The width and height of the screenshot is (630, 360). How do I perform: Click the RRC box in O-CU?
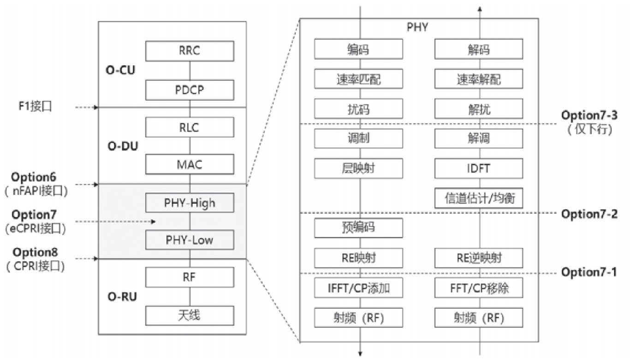[x=190, y=51]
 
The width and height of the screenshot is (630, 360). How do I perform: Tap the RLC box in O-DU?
[x=190, y=127]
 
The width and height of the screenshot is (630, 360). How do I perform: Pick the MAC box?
[x=190, y=164]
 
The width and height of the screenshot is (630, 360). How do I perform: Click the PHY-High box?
[x=190, y=202]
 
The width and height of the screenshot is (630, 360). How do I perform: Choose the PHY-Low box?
[x=190, y=240]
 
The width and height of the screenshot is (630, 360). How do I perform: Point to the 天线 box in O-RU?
[x=190, y=316]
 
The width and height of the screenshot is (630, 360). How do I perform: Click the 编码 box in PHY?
[x=359, y=49]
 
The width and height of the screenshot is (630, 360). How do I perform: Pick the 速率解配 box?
[x=479, y=80]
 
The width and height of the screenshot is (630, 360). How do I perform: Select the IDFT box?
[x=479, y=168]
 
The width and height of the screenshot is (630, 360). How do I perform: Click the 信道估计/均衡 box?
[x=479, y=198]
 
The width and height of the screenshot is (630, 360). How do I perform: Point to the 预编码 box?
[x=359, y=228]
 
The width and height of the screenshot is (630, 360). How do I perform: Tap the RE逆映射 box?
[x=479, y=258]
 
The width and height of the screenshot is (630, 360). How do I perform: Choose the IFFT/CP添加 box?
[x=359, y=289]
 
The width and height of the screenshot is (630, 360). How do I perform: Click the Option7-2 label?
[x=588, y=214]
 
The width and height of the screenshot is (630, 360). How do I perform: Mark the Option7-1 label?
[x=588, y=272]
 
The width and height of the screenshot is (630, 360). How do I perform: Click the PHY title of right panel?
[x=418, y=27]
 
